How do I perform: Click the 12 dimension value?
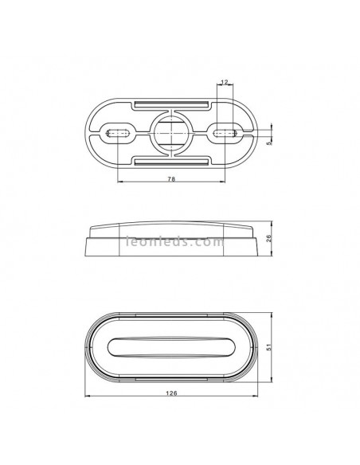225,81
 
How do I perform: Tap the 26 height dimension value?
269,238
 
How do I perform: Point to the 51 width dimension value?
269,347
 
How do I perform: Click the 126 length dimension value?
172,393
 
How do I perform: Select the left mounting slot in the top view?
118,133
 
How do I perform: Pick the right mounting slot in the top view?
224,133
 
